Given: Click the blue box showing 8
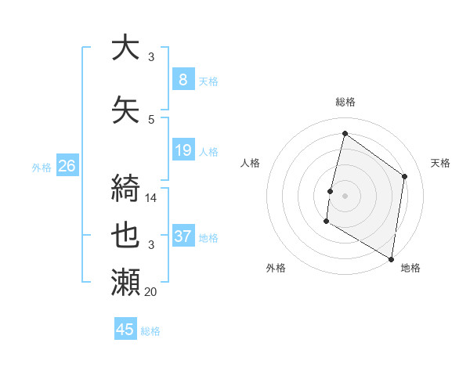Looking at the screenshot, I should (x=183, y=80).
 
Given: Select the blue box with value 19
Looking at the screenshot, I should (x=183, y=150).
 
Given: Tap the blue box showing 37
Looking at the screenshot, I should (x=183, y=236).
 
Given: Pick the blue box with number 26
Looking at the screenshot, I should (x=67, y=166).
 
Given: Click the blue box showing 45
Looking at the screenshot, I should (x=125, y=330).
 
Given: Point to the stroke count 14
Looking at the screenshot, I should (x=151, y=199).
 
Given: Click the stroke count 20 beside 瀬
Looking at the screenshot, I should (x=150, y=292).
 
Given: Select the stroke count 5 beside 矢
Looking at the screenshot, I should (x=151, y=120).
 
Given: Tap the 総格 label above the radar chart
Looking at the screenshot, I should (x=345, y=102).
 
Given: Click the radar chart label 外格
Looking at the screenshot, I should (x=276, y=269).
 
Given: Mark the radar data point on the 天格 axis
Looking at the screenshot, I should (x=405, y=176).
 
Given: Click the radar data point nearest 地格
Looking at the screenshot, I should (x=391, y=258).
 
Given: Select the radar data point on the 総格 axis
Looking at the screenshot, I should (x=345, y=134).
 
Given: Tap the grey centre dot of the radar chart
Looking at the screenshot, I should (x=345, y=196).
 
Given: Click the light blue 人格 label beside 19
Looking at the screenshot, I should (x=208, y=151).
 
